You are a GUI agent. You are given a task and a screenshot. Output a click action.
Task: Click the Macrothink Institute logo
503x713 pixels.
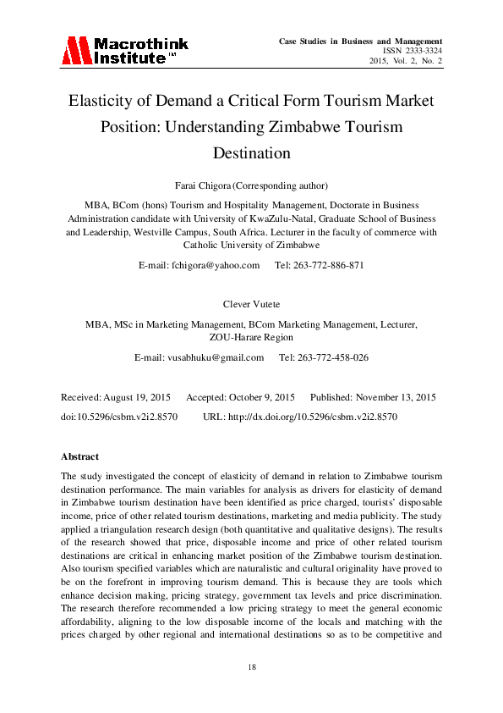[125, 51]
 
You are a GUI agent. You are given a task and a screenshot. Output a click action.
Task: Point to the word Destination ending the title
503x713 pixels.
[251, 153]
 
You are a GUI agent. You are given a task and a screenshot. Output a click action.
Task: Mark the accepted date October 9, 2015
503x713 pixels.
[262, 397]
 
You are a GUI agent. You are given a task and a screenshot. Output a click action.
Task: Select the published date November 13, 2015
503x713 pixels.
[396, 397]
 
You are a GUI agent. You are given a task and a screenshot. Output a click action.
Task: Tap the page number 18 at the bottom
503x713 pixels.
[251, 668]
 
